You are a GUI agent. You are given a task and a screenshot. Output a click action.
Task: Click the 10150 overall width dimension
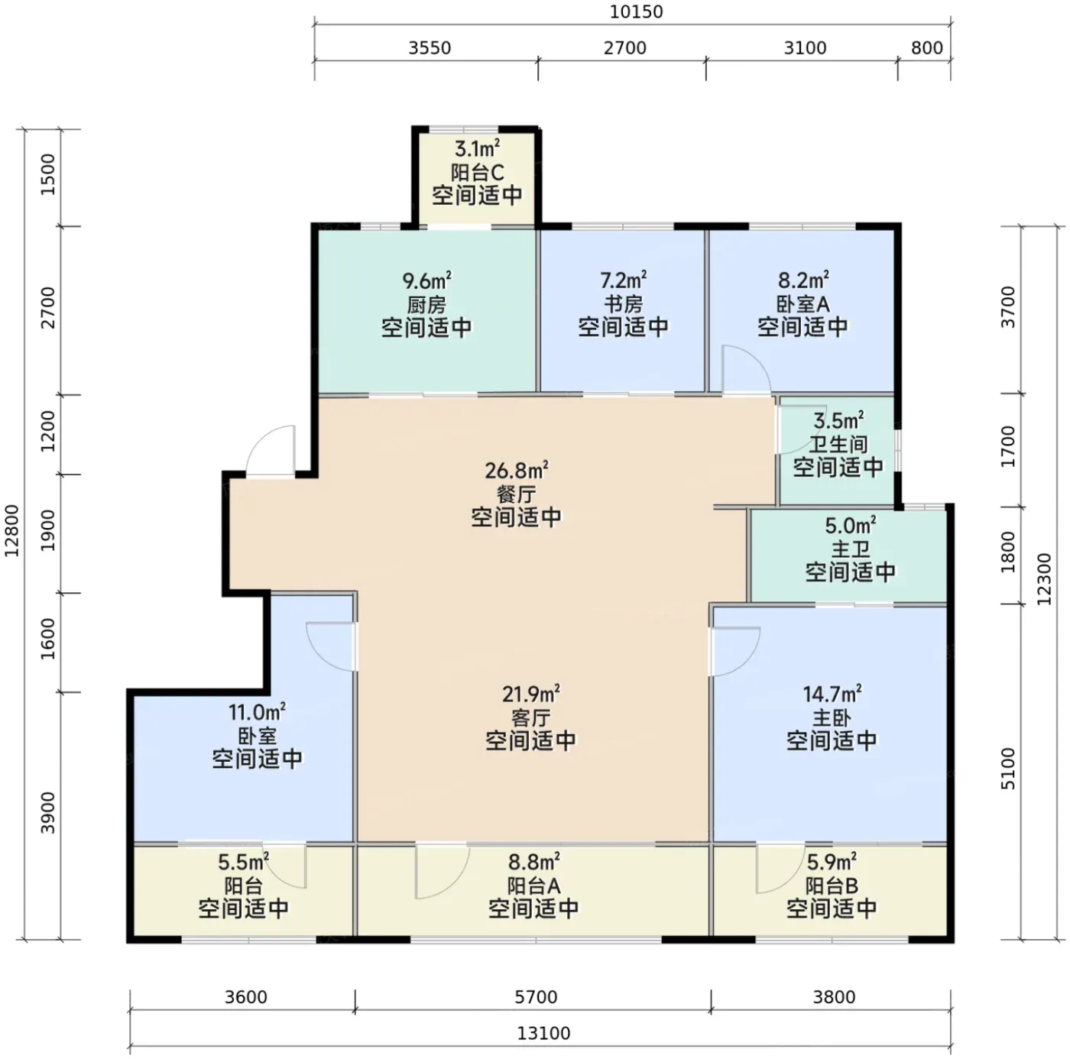tap(636, 11)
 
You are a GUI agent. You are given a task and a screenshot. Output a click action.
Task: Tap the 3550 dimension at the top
tap(430, 48)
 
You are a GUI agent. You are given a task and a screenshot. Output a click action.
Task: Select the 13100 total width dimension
tap(543, 1033)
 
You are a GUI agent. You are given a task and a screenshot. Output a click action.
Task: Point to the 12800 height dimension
tap(11, 530)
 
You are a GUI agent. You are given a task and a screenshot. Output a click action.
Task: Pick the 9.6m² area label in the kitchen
tap(426, 280)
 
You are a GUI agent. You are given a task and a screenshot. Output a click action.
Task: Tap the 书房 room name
tap(623, 304)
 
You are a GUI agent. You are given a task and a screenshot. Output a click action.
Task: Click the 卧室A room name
tap(803, 304)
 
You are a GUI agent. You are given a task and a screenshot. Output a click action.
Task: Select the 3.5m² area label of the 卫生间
tap(838, 420)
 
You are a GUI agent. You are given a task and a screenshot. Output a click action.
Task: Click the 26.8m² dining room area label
tap(517, 471)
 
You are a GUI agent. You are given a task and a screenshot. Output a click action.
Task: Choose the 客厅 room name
tap(531, 717)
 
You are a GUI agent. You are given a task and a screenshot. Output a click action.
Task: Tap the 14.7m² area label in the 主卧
tap(832, 694)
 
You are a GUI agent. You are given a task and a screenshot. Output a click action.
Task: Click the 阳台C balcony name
tap(477, 172)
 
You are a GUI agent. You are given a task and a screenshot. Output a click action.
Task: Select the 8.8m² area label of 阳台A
tap(533, 862)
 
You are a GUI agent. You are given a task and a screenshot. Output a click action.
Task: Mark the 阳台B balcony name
tap(832, 886)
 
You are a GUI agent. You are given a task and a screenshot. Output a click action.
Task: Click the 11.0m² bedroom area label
tap(257, 712)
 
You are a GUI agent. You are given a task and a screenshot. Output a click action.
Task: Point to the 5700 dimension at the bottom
tap(536, 997)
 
